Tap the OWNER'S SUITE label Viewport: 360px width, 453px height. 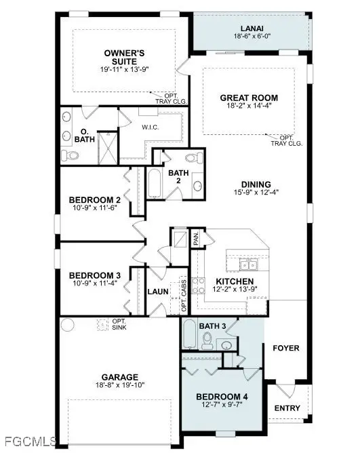tap(122, 57)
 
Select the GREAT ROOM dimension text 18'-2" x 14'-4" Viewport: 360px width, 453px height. tap(249, 107)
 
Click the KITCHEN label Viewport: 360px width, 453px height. tap(235, 281)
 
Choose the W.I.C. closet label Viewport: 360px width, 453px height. tap(150, 126)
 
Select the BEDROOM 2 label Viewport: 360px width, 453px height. tap(95, 199)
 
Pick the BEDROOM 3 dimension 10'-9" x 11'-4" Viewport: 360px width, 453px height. tap(95, 283)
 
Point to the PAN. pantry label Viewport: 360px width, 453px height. tap(196, 239)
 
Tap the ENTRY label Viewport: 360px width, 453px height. tap(286, 408)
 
